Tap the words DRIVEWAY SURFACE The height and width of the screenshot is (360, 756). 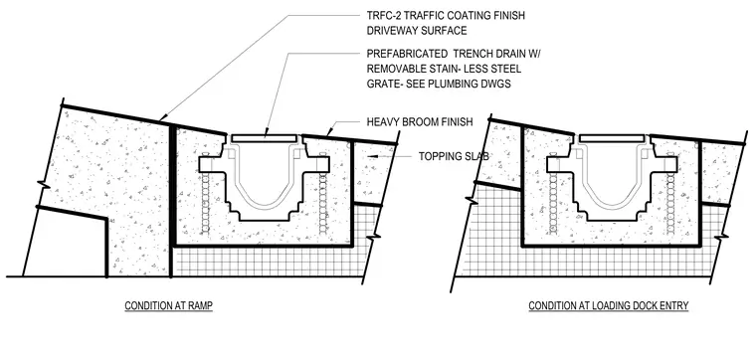[x=417, y=31]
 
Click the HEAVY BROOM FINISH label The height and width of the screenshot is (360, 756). [x=420, y=122]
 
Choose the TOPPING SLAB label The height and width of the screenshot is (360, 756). [x=454, y=156]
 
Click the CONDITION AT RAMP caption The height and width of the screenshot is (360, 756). [x=169, y=306]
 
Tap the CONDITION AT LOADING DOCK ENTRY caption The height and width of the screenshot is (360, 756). [x=609, y=306]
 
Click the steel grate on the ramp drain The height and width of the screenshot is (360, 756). [x=264, y=138]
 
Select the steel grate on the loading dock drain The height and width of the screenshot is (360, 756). [x=612, y=138]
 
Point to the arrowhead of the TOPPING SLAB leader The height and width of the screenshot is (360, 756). [x=368, y=156]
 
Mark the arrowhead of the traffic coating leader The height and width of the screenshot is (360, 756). [x=163, y=117]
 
